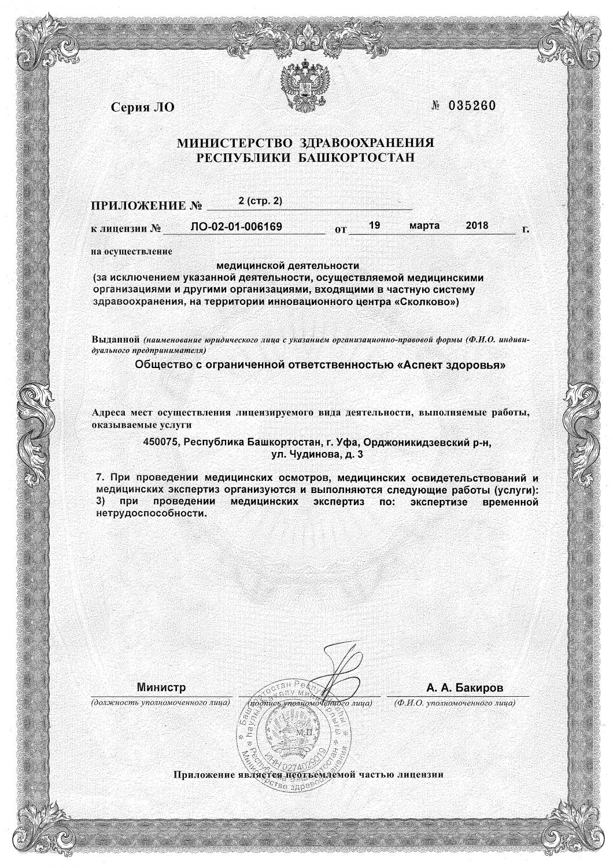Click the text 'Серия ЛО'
tap(142, 107)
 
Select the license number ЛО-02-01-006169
tap(236, 226)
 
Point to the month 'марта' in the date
tap(424, 225)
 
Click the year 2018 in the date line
tap(477, 225)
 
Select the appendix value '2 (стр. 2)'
tap(259, 200)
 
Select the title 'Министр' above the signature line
tap(161, 688)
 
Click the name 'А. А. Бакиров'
tap(465, 688)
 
